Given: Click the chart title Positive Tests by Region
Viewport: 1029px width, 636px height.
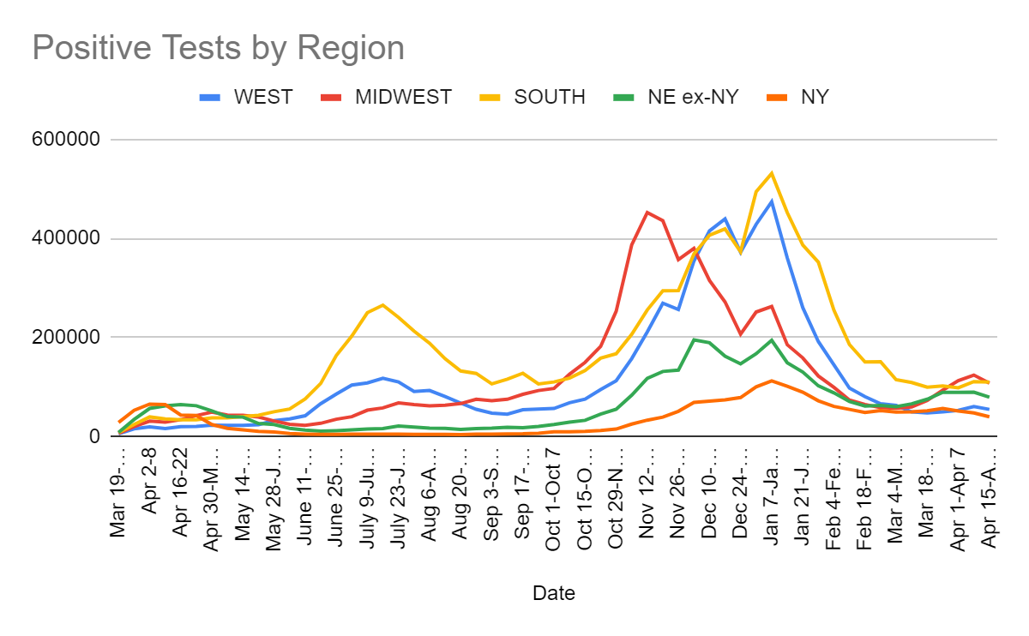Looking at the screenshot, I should pos(218,47).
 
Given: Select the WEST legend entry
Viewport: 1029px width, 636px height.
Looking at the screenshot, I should pos(250,97).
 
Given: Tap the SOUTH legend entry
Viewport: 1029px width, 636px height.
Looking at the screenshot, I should pos(536,97).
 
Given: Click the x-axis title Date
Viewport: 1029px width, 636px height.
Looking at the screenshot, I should pos(553,593).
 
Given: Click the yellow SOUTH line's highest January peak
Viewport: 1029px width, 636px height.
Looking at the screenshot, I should pos(772,173).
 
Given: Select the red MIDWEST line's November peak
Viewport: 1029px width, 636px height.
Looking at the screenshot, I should pos(647,212).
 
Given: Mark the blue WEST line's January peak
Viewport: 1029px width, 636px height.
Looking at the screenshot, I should pos(772,201).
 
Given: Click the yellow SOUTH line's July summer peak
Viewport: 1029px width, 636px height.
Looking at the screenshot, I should pos(382,304).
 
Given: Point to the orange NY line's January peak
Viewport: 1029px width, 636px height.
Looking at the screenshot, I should pos(772,381).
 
